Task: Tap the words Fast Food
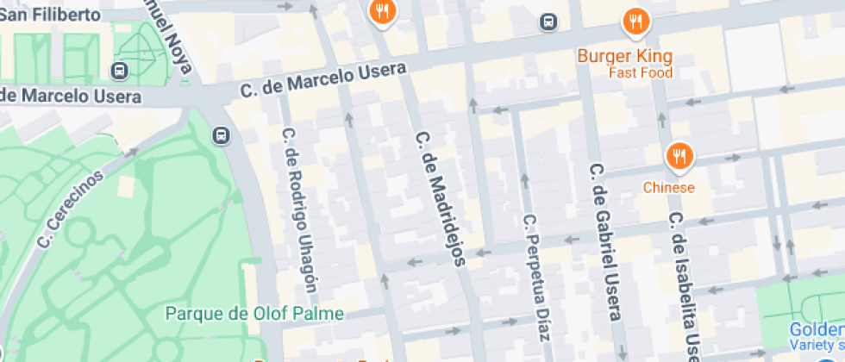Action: [640, 72]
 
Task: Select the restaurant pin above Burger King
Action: [635, 21]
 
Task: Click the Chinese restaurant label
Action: [668, 187]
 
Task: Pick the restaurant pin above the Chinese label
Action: [679, 157]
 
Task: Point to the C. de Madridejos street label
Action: [440, 197]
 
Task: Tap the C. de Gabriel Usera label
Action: [604, 241]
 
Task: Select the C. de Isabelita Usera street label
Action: [685, 284]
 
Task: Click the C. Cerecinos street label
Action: [71, 209]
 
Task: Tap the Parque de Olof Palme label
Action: [254, 313]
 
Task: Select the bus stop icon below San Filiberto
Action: [119, 70]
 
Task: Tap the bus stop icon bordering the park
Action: [222, 135]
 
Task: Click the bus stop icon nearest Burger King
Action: [548, 22]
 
